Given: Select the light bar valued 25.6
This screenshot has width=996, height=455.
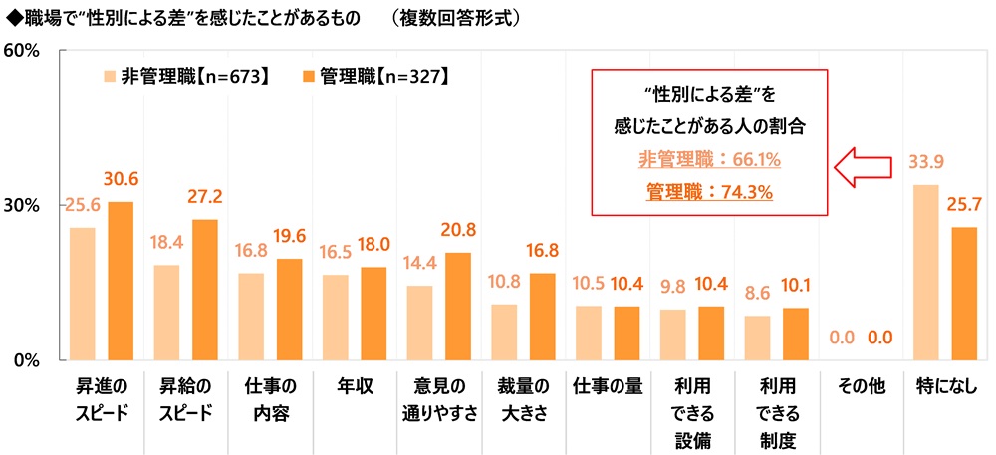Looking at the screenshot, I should coord(83,294).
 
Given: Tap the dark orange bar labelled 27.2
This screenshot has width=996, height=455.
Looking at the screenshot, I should coord(204,290).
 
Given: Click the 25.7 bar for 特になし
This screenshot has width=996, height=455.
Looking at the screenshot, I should coord(964,293).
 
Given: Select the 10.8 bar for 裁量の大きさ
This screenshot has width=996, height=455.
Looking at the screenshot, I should coord(504,332).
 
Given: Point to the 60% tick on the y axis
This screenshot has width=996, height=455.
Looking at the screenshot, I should coord(21,51).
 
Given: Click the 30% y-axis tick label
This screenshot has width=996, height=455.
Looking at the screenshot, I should coord(21,205).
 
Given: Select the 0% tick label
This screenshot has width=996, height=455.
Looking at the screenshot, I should coord(26,359).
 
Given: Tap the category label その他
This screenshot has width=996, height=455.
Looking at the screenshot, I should coord(859,386).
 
